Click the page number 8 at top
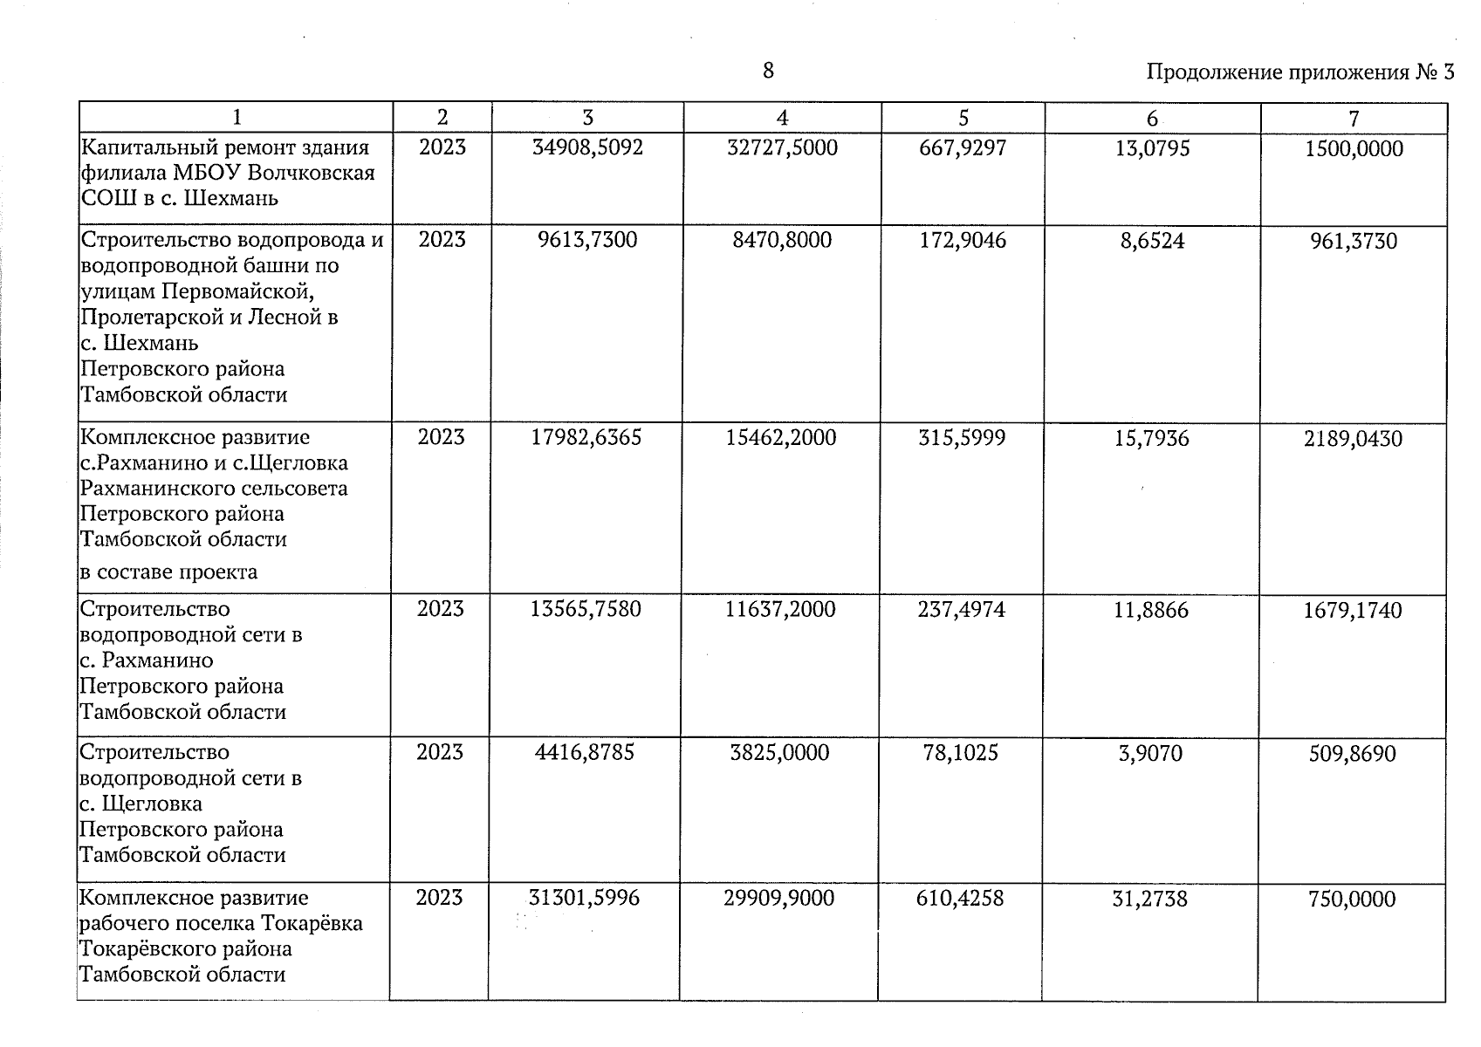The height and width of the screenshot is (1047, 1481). coord(768,71)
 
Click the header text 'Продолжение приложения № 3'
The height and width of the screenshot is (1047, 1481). coord(1299,72)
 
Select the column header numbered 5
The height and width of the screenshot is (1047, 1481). coord(963,118)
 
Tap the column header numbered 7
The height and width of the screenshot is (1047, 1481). coord(1354,119)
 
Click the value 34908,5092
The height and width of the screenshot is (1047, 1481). coord(587,147)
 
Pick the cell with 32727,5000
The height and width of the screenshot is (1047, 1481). coord(782,147)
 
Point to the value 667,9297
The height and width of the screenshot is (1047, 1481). coord(963,147)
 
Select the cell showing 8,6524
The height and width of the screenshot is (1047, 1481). coord(1152,241)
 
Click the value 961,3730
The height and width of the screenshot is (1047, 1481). coord(1354,242)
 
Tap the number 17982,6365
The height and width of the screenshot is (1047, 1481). coord(586,437)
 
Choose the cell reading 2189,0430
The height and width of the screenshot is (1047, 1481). coord(1353,439)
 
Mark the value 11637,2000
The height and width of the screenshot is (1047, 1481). coord(780,609)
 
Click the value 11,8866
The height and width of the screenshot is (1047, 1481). coord(1151,610)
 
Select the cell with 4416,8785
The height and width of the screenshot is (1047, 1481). coord(585,752)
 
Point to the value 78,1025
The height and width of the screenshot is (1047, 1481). coord(961,752)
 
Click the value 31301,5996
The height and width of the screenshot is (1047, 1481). coord(584,897)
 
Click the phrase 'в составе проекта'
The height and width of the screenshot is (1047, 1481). coord(169,572)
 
